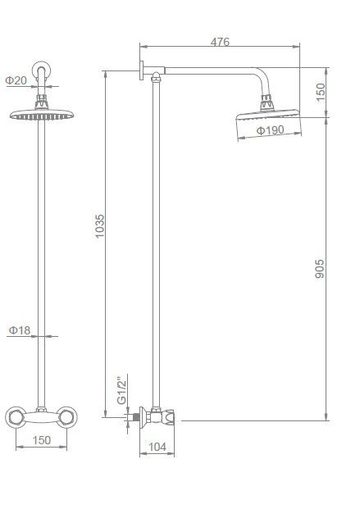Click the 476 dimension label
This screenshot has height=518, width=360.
[220, 42]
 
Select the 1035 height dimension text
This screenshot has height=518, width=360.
[99, 226]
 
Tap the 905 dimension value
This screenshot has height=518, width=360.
[320, 269]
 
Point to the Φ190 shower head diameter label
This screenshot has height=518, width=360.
[271, 130]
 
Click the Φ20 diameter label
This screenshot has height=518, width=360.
[16, 80]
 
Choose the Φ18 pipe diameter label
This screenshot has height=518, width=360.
[20, 330]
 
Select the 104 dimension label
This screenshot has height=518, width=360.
[157, 447]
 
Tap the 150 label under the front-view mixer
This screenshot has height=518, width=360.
[41, 440]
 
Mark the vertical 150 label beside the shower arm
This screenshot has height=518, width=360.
[321, 92]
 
